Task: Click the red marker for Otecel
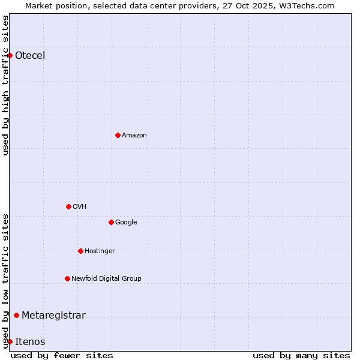click(x=10, y=56)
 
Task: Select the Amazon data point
click(x=118, y=135)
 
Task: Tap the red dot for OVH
click(x=68, y=206)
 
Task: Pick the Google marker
click(x=111, y=222)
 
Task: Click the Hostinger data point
click(x=80, y=251)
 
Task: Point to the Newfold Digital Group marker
click(x=67, y=278)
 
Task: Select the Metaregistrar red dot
click(x=16, y=315)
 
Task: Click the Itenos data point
click(x=10, y=341)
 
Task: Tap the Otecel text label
click(x=30, y=56)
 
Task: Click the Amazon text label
click(x=134, y=135)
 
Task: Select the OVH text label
click(x=80, y=206)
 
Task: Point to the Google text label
click(x=126, y=222)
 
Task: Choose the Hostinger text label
click(x=100, y=251)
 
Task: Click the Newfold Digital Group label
click(x=106, y=278)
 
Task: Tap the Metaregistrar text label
click(x=53, y=315)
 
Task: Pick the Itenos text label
click(x=30, y=341)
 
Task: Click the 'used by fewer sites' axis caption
click(x=62, y=355)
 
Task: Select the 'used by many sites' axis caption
click(x=301, y=355)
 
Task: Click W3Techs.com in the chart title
click(x=306, y=5)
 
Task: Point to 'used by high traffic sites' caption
click(x=5, y=85)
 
